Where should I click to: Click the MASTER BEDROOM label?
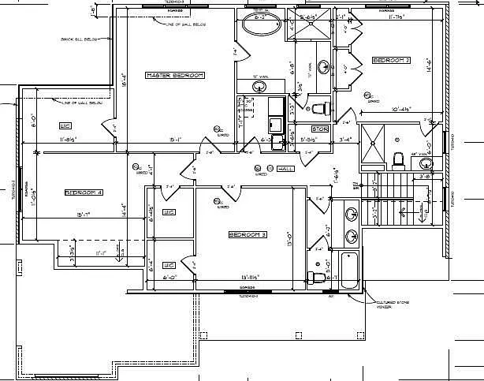point(174,75)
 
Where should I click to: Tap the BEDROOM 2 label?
point(391,60)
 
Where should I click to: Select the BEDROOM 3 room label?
point(248,234)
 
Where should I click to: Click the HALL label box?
point(285,169)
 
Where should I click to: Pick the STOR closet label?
point(319,129)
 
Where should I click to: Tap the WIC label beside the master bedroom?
point(65,125)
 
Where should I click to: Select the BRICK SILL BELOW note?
point(78,38)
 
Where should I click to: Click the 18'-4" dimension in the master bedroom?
point(124,79)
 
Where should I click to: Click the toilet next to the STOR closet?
point(319,108)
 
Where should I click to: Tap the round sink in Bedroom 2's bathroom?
point(426,163)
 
